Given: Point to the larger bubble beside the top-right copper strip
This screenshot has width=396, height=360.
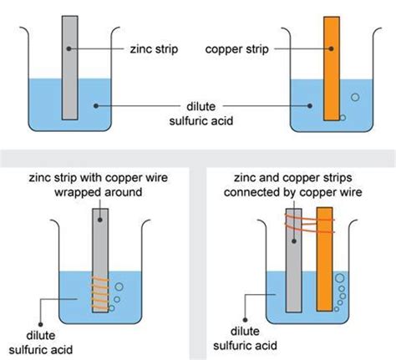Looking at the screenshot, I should [x=354, y=98].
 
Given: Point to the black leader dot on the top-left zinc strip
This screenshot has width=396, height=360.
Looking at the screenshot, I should [x=72, y=50].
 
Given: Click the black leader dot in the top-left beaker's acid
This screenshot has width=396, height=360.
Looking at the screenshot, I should [x=96, y=105].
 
